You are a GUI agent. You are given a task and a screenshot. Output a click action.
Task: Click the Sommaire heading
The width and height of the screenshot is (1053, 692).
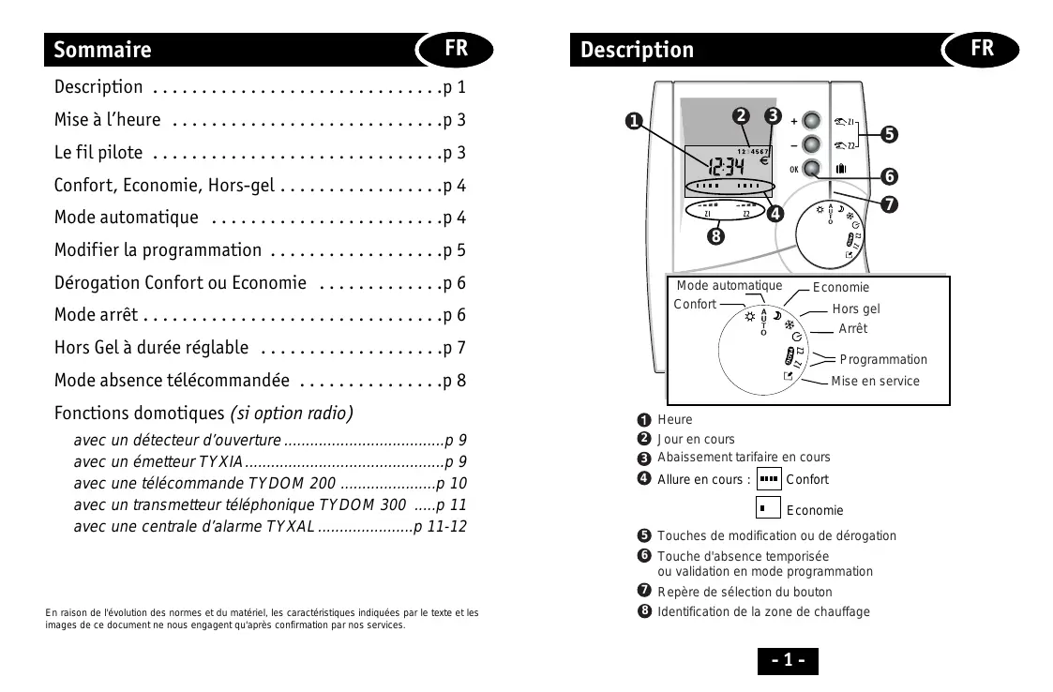(102, 50)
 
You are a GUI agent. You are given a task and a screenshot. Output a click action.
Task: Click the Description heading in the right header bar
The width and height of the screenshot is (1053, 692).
(637, 50)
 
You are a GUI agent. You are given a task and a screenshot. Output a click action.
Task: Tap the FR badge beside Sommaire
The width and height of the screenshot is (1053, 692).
(457, 48)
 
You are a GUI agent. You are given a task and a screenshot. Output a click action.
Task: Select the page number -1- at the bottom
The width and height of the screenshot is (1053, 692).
(788, 660)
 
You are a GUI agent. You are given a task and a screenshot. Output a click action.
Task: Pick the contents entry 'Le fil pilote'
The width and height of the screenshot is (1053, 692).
(98, 152)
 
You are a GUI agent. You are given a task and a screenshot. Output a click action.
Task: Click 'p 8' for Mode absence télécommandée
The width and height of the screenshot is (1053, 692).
(455, 381)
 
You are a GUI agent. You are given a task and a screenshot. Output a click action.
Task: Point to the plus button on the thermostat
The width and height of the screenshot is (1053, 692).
(812, 121)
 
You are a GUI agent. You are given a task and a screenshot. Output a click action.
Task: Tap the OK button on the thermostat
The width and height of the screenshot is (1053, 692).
(812, 169)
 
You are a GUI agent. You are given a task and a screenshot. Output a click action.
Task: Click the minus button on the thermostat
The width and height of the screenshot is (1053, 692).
(812, 144)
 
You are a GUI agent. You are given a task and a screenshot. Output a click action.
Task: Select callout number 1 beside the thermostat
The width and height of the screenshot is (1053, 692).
(634, 122)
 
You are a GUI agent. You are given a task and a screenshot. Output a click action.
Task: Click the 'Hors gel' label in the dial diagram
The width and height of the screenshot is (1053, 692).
(856, 308)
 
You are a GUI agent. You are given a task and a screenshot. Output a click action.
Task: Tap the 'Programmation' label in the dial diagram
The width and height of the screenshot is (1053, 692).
(883, 359)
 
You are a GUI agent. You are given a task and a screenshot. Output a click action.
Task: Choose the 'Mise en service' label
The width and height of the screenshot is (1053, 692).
(875, 381)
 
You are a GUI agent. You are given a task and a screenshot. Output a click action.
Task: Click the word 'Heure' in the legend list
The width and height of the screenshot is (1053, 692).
(675, 419)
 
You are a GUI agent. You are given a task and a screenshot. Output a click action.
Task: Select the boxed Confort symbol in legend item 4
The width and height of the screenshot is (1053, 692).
(769, 479)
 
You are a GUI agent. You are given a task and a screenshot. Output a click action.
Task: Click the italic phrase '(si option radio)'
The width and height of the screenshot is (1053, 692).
(292, 413)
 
